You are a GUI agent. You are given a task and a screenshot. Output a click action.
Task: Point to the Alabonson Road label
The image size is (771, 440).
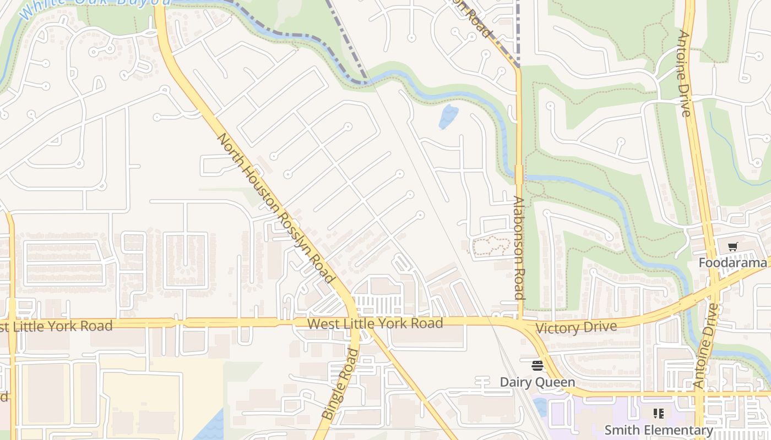tap(518, 248)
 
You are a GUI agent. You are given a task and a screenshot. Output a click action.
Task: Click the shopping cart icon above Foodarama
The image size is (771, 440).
tap(732, 247)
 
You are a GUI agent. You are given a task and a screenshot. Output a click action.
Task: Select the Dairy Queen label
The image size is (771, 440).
tap(537, 382)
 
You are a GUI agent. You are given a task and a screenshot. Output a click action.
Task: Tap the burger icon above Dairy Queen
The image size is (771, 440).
tap(537, 365)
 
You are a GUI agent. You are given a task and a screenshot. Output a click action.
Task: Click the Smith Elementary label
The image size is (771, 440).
tap(659, 430)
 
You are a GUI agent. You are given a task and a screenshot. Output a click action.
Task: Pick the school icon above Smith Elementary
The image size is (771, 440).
tap(658, 413)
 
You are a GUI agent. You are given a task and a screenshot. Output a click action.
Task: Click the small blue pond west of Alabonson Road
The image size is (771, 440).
tap(449, 116)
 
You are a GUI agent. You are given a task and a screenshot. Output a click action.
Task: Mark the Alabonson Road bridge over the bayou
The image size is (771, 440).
tap(518, 175)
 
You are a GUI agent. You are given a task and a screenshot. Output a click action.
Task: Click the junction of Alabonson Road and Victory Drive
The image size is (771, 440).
tap(519, 322)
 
